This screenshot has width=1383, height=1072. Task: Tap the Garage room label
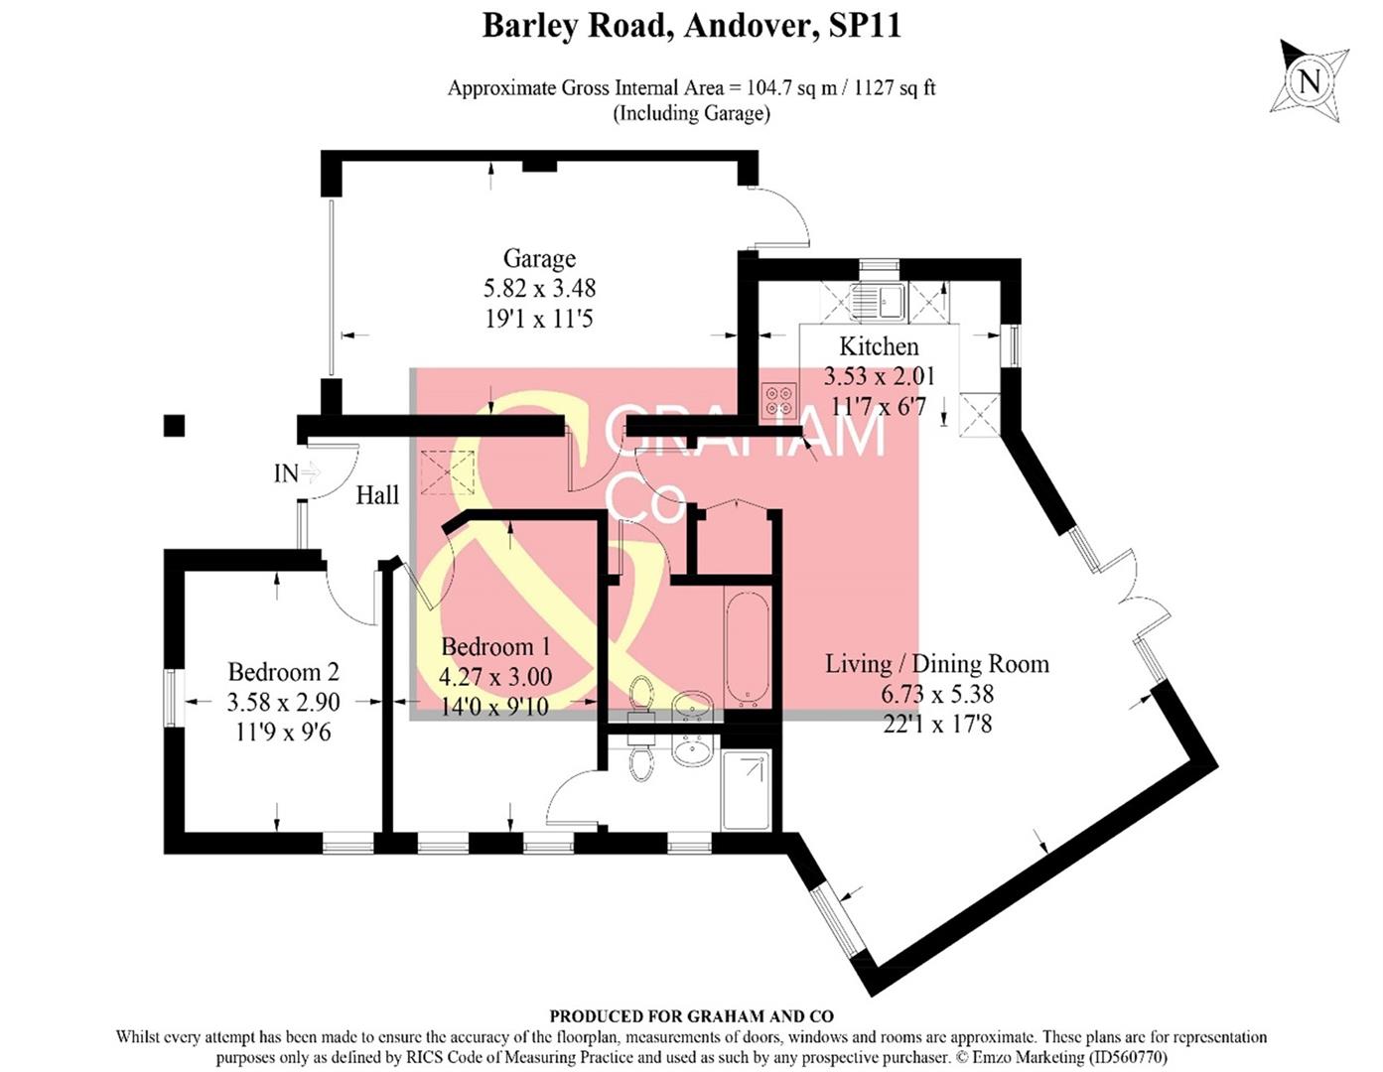tap(539, 259)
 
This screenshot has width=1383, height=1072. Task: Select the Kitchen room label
tap(879, 346)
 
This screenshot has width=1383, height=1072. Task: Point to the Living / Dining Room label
tap(936, 663)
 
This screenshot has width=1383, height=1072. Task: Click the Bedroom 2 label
tap(283, 672)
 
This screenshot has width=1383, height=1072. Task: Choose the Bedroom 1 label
tap(494, 647)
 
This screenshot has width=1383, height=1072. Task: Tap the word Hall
tap(377, 494)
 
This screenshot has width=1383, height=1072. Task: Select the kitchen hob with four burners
tap(777, 399)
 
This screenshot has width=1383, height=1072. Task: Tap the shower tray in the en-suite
tap(746, 790)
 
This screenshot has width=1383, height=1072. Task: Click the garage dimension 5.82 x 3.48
tap(539, 289)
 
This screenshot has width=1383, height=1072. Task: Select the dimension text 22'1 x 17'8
tap(936, 724)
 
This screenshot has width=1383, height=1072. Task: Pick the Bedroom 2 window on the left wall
tap(170, 700)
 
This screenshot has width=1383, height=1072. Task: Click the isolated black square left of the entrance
tap(174, 425)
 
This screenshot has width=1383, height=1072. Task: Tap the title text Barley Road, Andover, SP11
tap(691, 26)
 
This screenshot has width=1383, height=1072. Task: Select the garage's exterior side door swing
tap(784, 218)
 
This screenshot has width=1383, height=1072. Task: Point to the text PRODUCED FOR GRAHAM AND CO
tap(691, 1015)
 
